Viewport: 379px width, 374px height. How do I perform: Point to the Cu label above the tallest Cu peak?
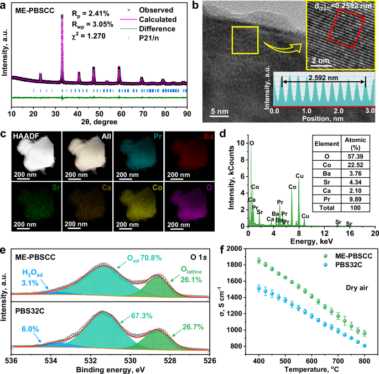(x=299, y=176)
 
